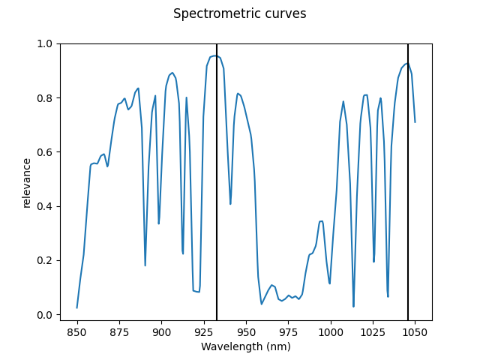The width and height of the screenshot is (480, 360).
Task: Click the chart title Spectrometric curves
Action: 239,14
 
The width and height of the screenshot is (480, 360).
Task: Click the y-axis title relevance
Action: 27,182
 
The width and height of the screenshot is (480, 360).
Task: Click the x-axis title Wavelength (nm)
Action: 245,346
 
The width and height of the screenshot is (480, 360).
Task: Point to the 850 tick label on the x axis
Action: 77,331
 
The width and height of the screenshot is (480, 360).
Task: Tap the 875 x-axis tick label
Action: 119,331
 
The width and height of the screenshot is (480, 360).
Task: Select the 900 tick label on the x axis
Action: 161,331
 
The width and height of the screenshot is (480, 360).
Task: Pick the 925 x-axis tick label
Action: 204,331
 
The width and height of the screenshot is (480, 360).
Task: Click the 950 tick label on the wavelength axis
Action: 246,331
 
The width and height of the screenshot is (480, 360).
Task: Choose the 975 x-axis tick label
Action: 288,331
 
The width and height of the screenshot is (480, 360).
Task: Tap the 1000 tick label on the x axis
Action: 331,331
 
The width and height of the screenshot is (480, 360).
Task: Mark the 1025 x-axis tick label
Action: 373,331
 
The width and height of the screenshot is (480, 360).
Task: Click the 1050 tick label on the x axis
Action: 415,331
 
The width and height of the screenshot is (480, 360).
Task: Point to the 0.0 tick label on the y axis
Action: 46,315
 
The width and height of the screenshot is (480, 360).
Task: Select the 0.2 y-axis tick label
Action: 46,261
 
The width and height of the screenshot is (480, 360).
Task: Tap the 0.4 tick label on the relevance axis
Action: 46,206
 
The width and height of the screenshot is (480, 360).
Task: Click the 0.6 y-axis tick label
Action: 46,152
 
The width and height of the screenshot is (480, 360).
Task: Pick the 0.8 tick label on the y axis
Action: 46,98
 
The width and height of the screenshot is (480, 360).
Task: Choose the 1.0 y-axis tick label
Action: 46,44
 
